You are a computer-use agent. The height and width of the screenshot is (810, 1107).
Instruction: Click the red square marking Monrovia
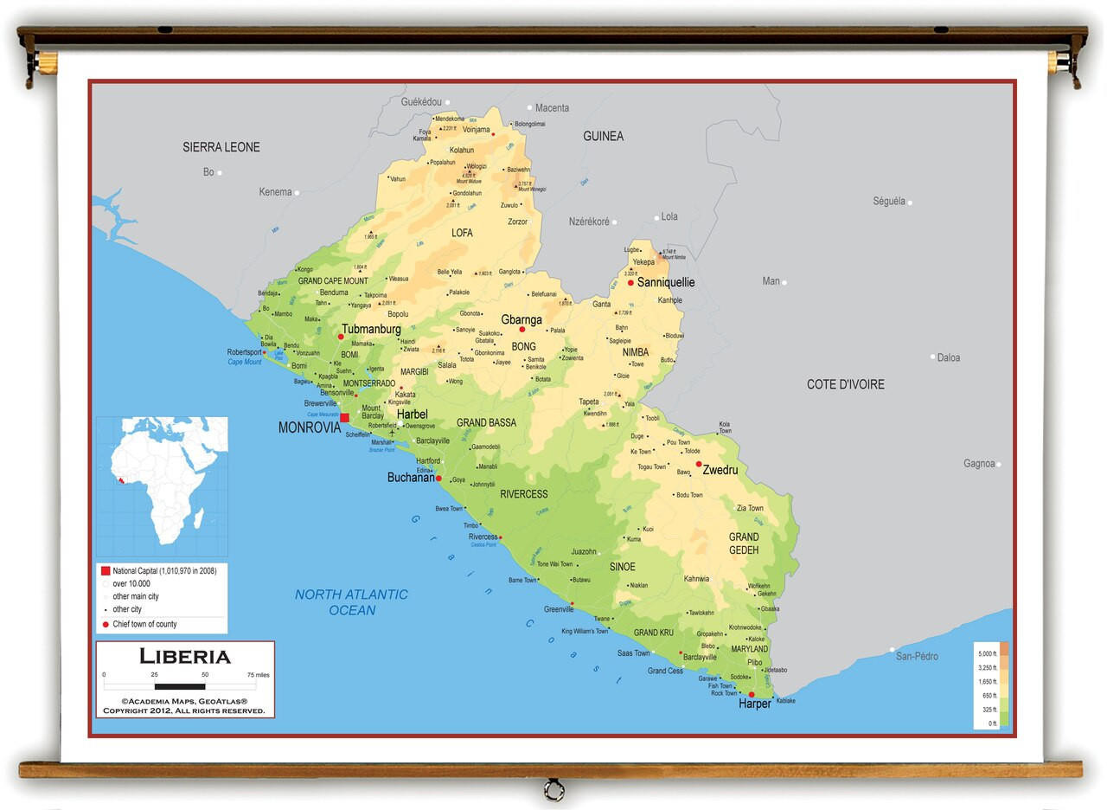click(344, 417)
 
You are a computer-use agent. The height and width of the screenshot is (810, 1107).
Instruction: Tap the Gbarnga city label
click(522, 319)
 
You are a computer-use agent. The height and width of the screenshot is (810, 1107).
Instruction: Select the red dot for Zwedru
click(699, 464)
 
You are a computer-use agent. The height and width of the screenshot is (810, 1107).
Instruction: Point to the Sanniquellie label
click(665, 282)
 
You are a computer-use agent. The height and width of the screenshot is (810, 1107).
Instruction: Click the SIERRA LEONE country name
click(221, 147)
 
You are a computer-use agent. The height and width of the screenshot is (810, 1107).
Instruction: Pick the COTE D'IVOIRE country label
click(845, 384)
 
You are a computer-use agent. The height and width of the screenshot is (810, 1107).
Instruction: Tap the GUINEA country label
click(603, 136)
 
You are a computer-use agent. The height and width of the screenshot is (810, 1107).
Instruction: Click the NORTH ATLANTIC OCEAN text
click(351, 602)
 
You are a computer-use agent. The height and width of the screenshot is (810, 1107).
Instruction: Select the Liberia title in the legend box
click(185, 656)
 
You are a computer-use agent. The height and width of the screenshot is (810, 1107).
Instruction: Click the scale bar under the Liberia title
click(180, 685)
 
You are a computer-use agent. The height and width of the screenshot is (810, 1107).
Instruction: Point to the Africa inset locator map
click(162, 485)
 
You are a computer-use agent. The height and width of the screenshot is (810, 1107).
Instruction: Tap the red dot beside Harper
click(751, 694)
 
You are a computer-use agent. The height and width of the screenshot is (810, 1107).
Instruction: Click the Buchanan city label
click(411, 478)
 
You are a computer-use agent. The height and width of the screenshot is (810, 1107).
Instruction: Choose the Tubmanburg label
click(371, 330)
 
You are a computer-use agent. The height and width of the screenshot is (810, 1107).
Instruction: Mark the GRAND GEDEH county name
click(743, 543)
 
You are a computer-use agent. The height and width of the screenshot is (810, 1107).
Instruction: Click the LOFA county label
click(462, 233)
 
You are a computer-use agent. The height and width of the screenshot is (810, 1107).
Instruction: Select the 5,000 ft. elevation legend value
click(987, 653)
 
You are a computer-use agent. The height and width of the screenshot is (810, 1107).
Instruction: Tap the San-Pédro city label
click(917, 656)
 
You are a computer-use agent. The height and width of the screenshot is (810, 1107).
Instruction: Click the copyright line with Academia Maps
click(184, 701)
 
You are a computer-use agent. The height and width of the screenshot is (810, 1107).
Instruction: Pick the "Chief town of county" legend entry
click(144, 624)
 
